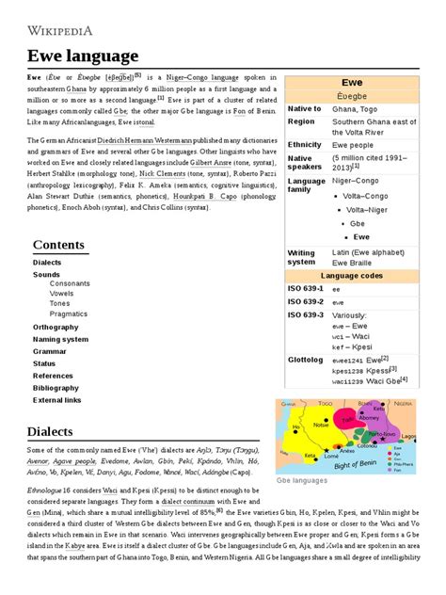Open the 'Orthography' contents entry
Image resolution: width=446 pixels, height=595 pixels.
[56, 327]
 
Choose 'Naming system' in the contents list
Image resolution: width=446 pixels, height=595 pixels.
[60, 339]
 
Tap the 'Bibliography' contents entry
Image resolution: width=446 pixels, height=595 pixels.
[56, 387]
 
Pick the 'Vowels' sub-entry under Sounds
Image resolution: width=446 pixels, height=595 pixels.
[61, 293]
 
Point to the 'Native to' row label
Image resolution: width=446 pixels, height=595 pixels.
[305, 108]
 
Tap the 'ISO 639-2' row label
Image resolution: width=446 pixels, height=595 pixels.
[306, 301]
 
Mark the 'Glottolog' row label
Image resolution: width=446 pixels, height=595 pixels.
[305, 360]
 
